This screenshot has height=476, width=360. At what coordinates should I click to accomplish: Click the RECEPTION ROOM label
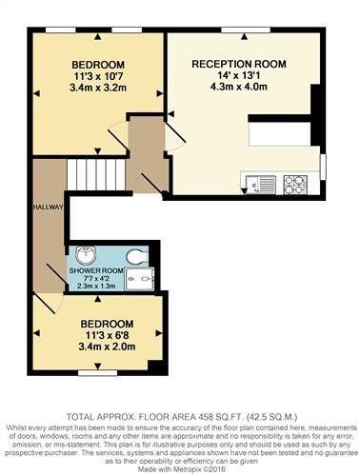click(239, 64)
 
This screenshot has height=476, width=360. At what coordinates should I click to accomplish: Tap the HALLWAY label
click(49, 208)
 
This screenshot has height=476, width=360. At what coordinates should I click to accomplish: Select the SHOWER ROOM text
click(96, 270)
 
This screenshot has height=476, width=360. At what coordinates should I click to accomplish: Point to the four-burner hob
click(295, 185)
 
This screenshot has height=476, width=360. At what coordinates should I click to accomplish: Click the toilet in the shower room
click(137, 256)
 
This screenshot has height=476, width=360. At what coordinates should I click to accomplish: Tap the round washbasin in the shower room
click(86, 254)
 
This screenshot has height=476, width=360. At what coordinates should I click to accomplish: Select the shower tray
click(140, 279)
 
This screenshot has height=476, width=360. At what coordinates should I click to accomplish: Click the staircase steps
click(96, 174)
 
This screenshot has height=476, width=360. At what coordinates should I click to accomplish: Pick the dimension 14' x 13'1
click(239, 75)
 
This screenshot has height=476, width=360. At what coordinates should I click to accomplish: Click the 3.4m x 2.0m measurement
click(107, 347)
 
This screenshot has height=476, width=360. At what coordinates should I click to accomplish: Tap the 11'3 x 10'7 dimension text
click(98, 76)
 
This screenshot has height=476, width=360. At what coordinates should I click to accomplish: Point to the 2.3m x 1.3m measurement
click(96, 286)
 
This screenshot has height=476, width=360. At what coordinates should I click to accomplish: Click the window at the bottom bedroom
click(98, 372)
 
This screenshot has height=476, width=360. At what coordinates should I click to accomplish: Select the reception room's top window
click(246, 30)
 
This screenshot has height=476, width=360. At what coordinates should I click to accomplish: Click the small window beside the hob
click(323, 167)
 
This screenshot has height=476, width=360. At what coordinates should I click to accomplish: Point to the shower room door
click(56, 273)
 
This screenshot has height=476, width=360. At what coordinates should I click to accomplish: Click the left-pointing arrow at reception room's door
click(170, 113)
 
